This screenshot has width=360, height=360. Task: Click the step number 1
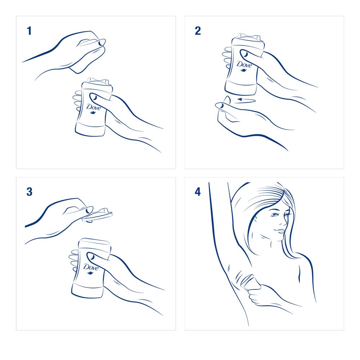tap(29, 31)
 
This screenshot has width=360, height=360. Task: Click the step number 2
tap(198, 31)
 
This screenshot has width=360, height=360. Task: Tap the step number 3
tap(30, 192)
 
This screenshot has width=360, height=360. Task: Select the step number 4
tap(198, 192)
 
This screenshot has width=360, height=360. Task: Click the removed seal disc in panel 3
tap(97, 215)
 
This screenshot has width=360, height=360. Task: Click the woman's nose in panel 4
tap(284, 221)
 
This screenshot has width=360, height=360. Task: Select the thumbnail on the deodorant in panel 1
tap(94, 97)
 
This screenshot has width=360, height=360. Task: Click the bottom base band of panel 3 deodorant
tap(87, 290)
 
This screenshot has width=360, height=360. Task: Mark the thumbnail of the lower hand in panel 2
tap(220, 105)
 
